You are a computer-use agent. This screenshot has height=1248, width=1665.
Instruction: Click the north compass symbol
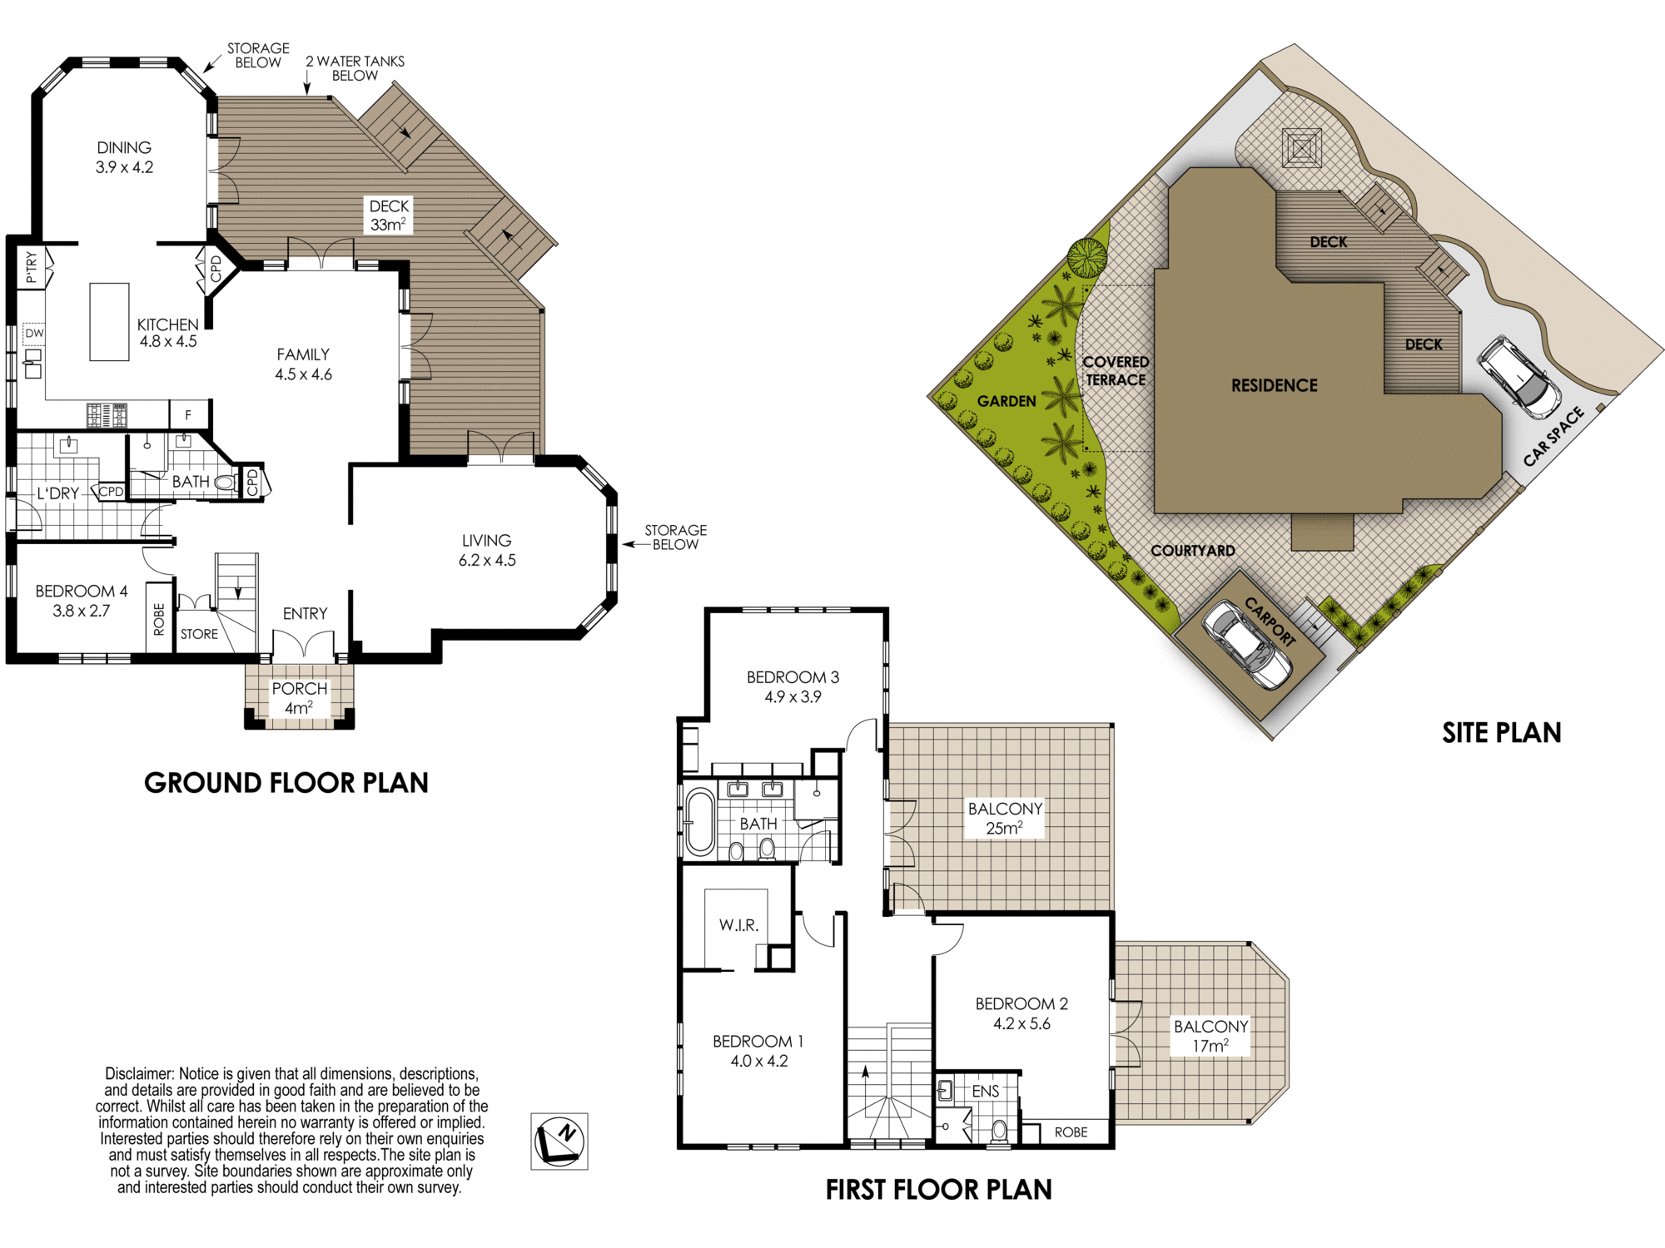[559, 1142]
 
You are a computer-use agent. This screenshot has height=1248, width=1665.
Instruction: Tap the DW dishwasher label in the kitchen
[34, 334]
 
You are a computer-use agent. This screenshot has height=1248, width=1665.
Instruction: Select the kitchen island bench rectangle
[109, 322]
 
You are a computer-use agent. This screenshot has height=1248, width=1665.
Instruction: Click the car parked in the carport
[1247, 645]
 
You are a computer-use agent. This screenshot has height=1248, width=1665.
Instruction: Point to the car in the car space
[1518, 377]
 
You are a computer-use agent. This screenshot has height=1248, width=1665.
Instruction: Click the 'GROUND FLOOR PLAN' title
[286, 783]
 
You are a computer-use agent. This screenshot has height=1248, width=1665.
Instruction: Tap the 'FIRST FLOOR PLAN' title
[938, 1190]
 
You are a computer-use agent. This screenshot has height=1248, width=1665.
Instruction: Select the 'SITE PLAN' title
[1502, 732]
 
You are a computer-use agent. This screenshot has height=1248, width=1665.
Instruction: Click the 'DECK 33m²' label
[389, 215]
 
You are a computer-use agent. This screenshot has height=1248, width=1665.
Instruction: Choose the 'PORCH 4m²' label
[300, 698]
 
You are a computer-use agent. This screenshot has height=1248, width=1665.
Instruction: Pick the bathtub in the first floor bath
[700, 822]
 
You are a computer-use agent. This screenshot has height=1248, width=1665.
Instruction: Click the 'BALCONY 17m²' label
[1210, 1036]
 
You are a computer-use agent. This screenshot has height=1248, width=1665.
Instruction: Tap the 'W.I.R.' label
[738, 925]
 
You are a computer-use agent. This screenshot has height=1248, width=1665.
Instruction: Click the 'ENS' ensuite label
[986, 1091]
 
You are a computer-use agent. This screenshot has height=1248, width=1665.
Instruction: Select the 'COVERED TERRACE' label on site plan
[1116, 371]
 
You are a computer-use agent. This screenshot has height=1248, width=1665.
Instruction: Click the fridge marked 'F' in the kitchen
[189, 414]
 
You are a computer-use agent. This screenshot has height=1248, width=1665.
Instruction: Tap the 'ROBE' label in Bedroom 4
[159, 620]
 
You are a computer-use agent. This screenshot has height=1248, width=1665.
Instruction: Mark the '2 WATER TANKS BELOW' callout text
[355, 68]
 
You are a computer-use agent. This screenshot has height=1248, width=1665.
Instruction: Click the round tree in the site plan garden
[1087, 258]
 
